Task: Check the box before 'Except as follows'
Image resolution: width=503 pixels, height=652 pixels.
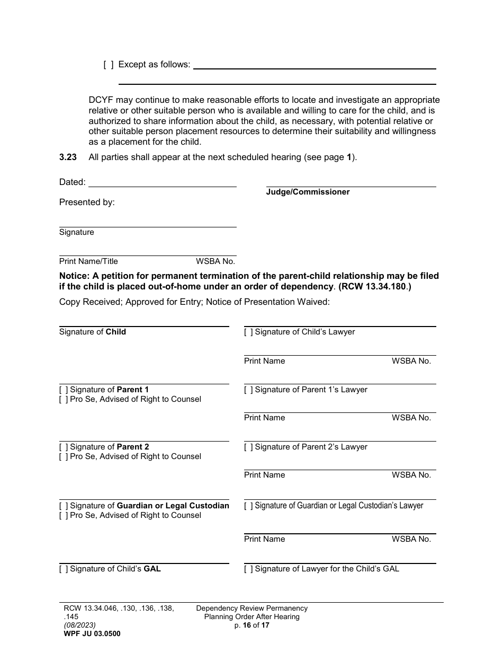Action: coord(108,65)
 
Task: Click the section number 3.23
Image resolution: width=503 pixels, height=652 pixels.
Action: coord(68,157)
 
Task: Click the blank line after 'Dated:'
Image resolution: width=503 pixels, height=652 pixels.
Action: coord(162,182)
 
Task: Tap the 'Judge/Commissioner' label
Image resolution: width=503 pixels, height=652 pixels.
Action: coord(308,192)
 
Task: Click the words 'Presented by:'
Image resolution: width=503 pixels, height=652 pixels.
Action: coord(87,202)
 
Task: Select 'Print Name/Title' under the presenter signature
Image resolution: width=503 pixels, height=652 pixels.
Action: coord(88,261)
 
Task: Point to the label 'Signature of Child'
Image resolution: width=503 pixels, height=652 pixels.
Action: coord(93,332)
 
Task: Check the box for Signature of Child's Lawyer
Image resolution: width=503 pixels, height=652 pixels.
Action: coord(248,332)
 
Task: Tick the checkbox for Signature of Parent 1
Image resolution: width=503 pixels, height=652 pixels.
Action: coord(64,390)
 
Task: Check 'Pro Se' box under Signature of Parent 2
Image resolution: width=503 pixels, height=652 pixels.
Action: coord(64,457)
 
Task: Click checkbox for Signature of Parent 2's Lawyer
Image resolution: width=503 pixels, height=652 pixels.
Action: coord(248,447)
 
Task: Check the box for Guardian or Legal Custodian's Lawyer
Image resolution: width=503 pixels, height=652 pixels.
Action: coord(248,506)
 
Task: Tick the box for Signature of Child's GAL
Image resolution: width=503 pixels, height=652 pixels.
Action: coord(64,569)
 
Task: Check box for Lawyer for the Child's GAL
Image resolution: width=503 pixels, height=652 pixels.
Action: coord(248,569)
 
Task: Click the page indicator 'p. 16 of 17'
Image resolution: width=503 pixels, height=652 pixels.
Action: coord(251,625)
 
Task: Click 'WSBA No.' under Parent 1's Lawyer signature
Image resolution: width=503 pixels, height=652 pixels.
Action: coord(411,418)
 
